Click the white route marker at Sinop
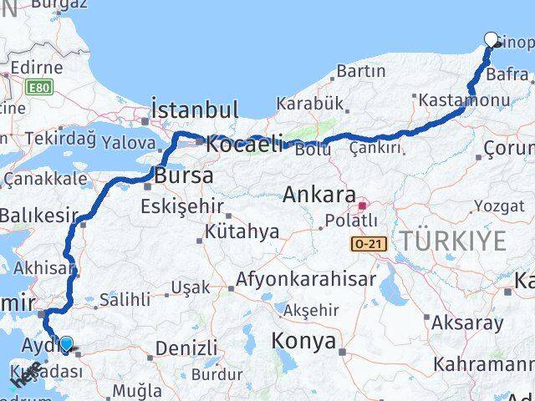pyautogui.click(x=492, y=38)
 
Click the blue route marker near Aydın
pyautogui.click(x=65, y=342)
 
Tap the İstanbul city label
pyautogui.click(x=194, y=109)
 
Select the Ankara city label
pyautogui.click(x=320, y=194)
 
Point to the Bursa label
pyautogui.click(x=183, y=176)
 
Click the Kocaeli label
pyautogui.click(x=244, y=143)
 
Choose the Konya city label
pyautogui.click(x=304, y=341)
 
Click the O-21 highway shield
pyautogui.click(x=369, y=243)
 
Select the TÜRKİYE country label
pyautogui.click(x=452, y=241)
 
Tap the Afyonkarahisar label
pyautogui.click(x=306, y=279)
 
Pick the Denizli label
pyautogui.click(x=186, y=347)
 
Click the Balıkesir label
pyautogui.click(x=37, y=215)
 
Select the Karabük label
pyautogui.click(x=310, y=104)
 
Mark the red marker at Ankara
pyautogui.click(x=362, y=205)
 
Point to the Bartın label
pyautogui.click(x=360, y=72)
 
